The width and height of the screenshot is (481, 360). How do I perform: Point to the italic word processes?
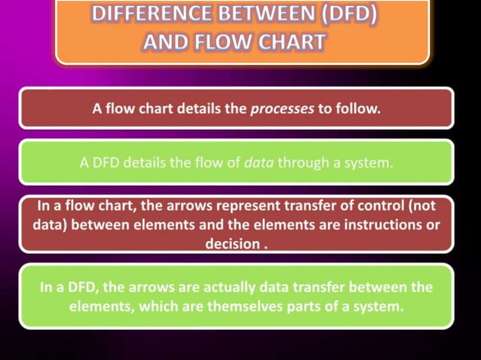tap(281, 108)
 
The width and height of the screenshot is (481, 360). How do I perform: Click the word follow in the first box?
tap(358, 108)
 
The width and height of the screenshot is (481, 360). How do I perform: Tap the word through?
tap(301, 161)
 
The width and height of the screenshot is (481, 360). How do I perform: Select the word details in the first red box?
tap(198, 108)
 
